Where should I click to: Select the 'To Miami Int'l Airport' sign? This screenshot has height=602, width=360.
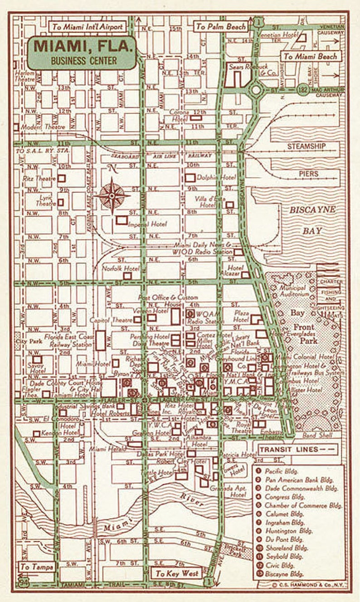coord(88,27)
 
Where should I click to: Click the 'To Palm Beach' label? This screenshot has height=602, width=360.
coord(221,27)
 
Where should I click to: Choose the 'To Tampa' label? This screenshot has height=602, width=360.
coord(37,567)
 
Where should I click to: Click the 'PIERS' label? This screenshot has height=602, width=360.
coord(308,174)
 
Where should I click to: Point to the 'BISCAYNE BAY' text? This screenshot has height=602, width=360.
coord(312,220)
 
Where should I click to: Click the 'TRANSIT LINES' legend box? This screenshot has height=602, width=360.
coord(298,449)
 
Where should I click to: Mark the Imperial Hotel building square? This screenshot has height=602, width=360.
coord(121,220)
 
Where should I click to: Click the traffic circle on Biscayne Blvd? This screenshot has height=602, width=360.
coord(256,90)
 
